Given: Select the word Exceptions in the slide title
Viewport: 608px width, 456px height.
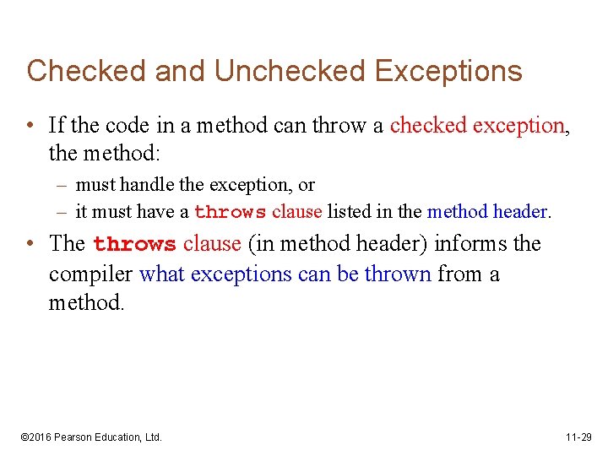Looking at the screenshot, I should (448, 71).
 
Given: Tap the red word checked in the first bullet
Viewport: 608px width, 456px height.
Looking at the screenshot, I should (428, 126).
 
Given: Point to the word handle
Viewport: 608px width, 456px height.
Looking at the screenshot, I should (148, 185).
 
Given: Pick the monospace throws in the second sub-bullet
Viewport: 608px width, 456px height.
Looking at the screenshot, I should (231, 212).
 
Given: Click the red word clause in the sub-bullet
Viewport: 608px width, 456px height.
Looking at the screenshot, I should (297, 211).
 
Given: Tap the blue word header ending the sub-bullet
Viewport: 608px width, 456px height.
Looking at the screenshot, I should (521, 211).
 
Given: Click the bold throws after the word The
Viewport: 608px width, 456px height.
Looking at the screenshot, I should (134, 245).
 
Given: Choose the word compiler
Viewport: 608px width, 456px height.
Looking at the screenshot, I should (91, 274).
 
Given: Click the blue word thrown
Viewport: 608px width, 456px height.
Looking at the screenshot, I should (397, 274).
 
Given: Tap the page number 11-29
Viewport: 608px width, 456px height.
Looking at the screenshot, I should (579, 437).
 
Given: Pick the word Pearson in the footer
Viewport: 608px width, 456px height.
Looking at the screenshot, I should (75, 437).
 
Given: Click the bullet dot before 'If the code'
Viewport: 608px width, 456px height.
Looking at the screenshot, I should (30, 126).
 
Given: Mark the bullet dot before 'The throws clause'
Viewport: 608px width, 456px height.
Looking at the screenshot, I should (30, 244).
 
